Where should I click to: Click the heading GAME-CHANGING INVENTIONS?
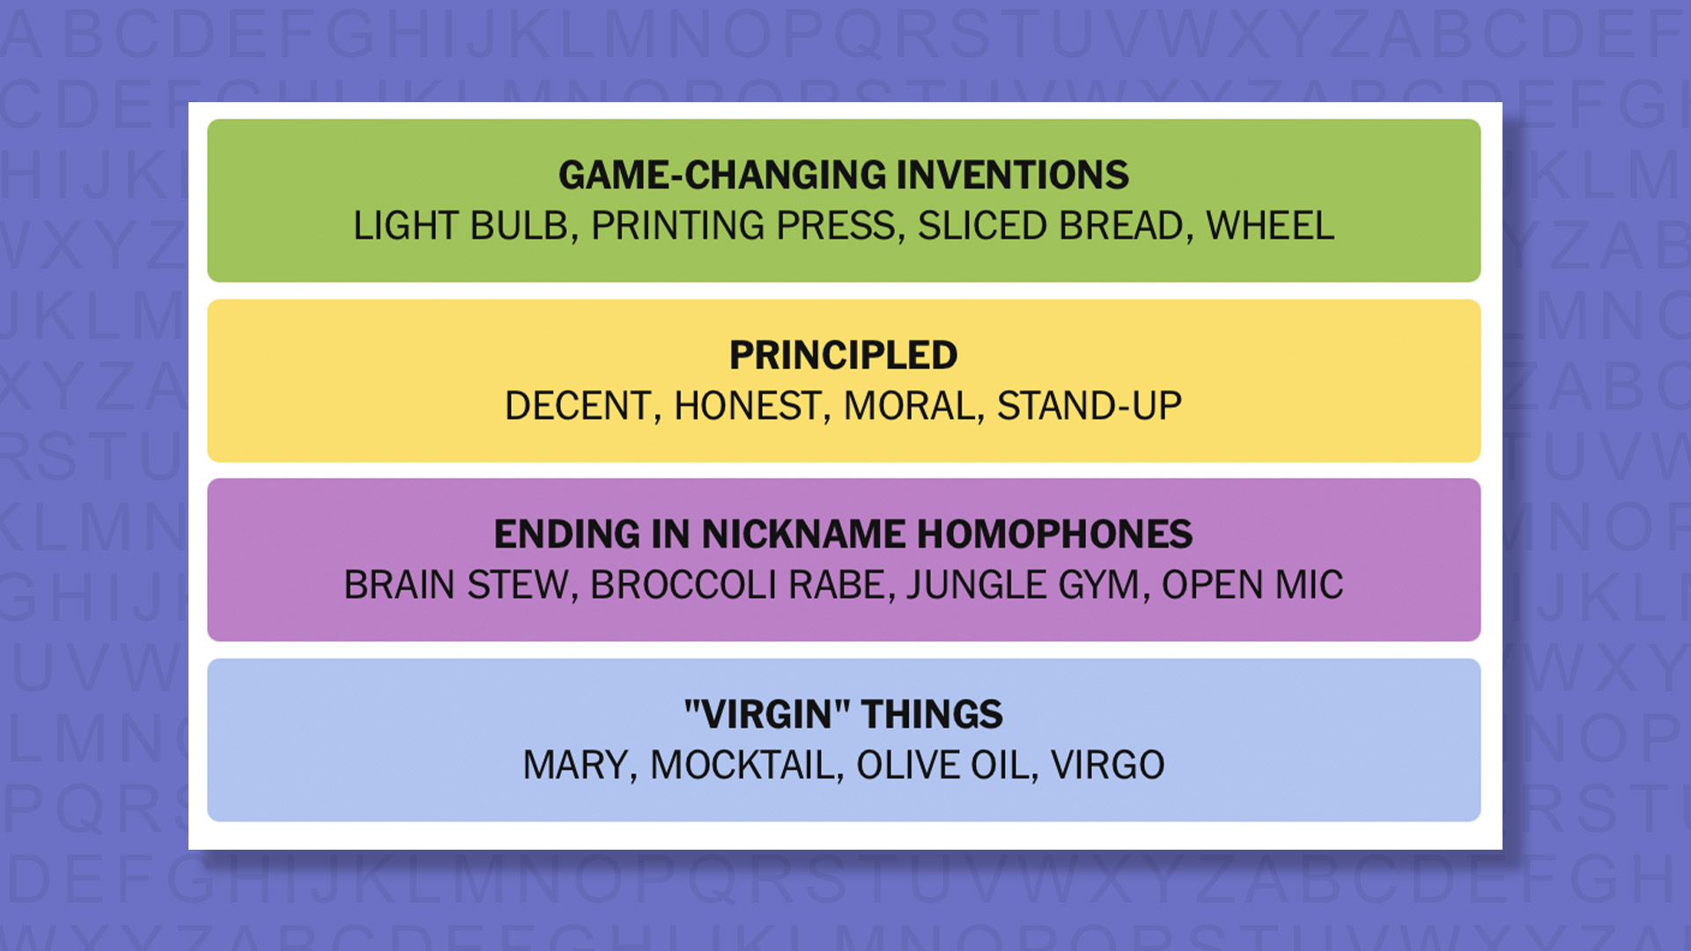click(x=844, y=175)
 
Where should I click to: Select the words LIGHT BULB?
click(x=461, y=226)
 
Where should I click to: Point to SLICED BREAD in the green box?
click(x=1050, y=226)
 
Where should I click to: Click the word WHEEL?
click(x=1270, y=226)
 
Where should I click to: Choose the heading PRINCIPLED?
click(x=844, y=356)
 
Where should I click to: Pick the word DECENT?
click(x=577, y=407)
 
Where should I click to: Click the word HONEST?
click(x=747, y=407)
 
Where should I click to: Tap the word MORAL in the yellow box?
click(x=910, y=407)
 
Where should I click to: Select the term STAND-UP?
click(x=1089, y=407)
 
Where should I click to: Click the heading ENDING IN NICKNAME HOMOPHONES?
click(x=844, y=534)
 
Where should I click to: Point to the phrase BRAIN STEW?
click(x=455, y=586)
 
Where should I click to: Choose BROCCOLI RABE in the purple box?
click(x=737, y=586)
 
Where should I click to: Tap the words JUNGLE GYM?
click(x=1023, y=586)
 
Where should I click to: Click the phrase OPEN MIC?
click(x=1252, y=586)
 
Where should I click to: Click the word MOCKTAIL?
click(x=742, y=765)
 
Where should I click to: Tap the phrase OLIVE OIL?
click(x=942, y=765)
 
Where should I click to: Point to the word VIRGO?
click(x=1108, y=765)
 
